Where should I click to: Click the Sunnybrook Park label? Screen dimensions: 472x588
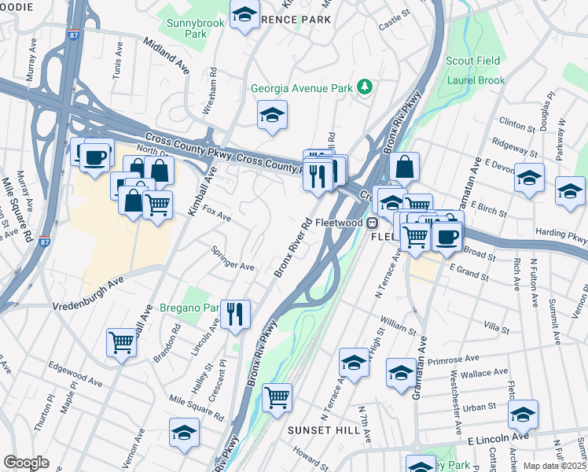[196, 30]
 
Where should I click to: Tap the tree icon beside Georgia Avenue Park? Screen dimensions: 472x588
[364, 87]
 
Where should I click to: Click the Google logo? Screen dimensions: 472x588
[26, 463]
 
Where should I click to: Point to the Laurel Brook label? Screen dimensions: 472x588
[475, 79]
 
